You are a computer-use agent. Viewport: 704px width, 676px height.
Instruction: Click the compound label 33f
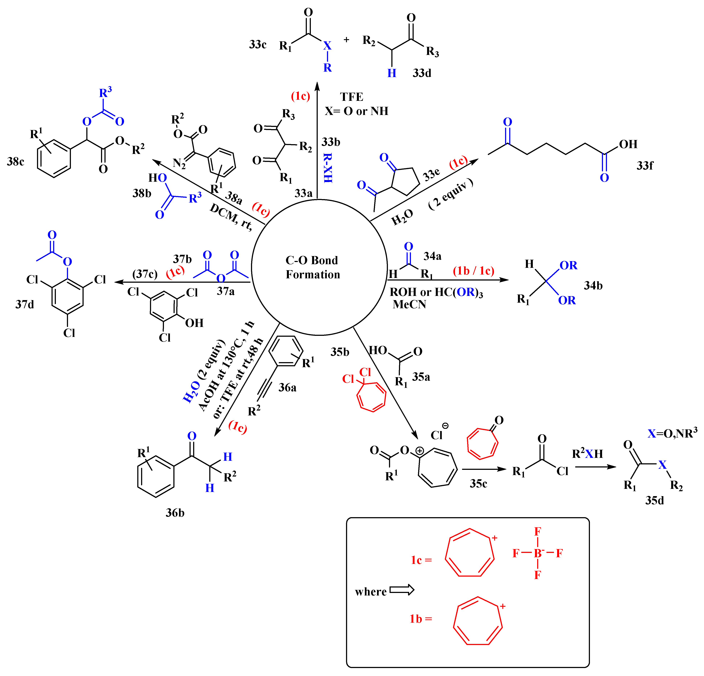(645, 166)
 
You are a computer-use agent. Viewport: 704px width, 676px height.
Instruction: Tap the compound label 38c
(15, 162)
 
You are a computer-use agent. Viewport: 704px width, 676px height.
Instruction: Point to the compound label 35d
(654, 500)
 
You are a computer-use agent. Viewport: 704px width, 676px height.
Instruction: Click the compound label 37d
(25, 305)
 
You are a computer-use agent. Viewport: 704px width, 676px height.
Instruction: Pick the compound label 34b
(593, 286)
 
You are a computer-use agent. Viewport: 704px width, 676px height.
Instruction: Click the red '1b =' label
(421, 619)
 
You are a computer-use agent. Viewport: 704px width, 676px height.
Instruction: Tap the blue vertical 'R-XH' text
(328, 168)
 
